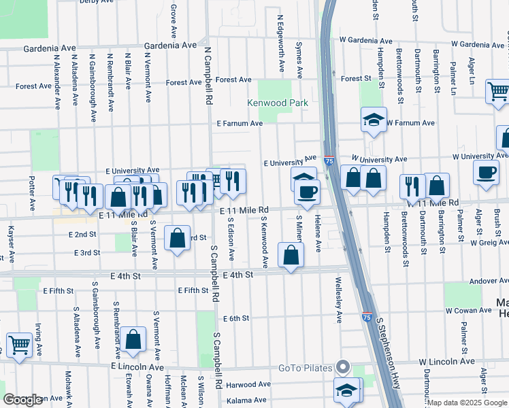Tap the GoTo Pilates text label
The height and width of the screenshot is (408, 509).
(306, 369)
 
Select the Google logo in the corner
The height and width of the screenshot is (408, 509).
(22, 400)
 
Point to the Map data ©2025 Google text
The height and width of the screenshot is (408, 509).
(467, 403)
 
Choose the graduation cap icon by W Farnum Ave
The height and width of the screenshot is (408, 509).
(373, 120)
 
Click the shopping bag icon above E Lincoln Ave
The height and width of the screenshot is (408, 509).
(134, 339)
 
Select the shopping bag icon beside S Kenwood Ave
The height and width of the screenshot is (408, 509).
(291, 256)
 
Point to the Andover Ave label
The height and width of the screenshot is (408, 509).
(482, 280)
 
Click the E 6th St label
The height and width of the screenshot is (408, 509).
(236, 318)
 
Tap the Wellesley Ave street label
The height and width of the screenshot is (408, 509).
(338, 299)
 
